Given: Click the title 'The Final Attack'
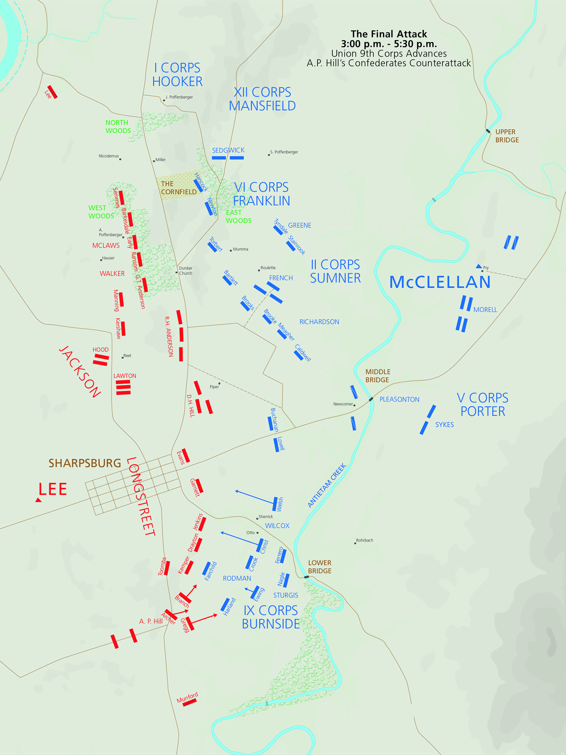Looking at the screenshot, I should (389, 34).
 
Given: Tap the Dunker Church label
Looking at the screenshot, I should (186, 271).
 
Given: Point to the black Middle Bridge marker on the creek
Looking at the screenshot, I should (371, 399).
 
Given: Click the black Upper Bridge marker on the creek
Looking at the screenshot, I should (488, 131).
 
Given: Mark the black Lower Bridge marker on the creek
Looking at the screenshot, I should (306, 577).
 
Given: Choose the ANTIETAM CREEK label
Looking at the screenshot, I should (327, 485).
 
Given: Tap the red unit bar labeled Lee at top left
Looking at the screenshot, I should (53, 91).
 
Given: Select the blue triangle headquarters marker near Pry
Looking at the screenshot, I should (479, 266).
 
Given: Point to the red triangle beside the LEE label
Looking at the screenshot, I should (38, 500).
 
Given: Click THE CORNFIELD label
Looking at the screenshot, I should (178, 188).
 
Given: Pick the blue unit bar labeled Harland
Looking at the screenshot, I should (225, 605).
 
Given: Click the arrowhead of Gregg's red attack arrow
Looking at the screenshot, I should (216, 615).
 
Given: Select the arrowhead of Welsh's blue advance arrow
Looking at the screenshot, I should (236, 491).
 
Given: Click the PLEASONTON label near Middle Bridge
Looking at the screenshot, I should (399, 399).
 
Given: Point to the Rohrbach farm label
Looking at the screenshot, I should (364, 540).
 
